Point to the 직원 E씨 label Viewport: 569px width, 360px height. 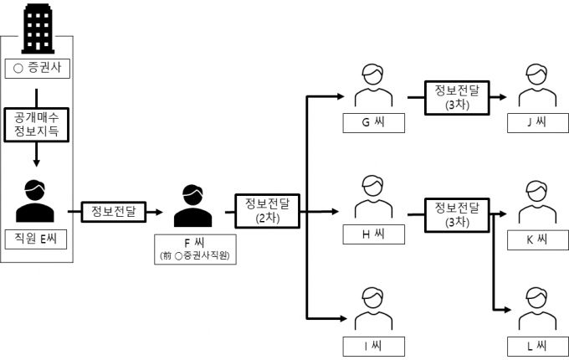coord(36,239)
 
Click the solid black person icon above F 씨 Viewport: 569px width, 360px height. coord(192,205)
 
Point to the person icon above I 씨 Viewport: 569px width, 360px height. coord(372,307)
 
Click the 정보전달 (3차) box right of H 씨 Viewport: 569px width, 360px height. coord(457,214)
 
